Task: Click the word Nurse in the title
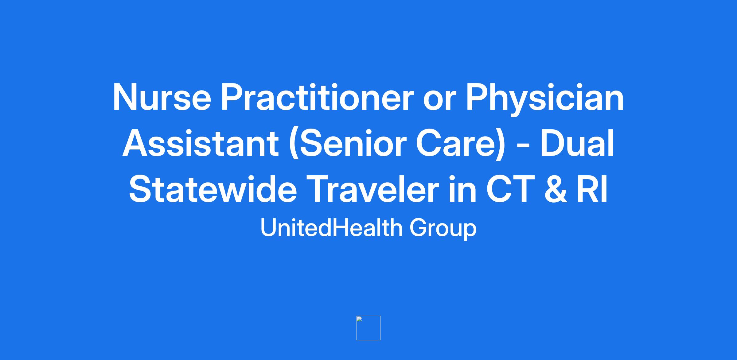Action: pos(162,97)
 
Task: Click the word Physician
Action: pos(545,100)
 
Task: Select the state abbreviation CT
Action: pos(510,189)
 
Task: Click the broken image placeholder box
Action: pos(368,328)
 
